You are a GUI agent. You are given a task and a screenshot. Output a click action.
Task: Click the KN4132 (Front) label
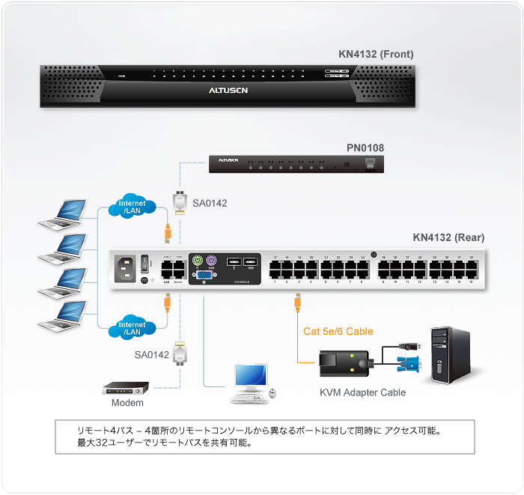(376, 54)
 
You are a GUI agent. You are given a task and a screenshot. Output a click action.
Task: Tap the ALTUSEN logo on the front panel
(228, 90)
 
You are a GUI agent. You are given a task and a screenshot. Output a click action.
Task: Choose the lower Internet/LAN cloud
(132, 327)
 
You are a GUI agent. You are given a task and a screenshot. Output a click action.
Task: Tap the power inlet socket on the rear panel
(124, 267)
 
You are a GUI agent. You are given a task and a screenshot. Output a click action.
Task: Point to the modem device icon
(126, 388)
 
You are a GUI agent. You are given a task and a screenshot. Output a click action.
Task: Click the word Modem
(127, 403)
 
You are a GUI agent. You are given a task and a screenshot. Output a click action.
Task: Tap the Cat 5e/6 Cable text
(338, 331)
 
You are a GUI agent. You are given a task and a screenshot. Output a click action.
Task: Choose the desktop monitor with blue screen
(250, 376)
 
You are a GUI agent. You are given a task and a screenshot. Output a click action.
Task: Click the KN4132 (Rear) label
(448, 237)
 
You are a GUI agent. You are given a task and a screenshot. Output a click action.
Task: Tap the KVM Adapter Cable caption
(362, 392)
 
